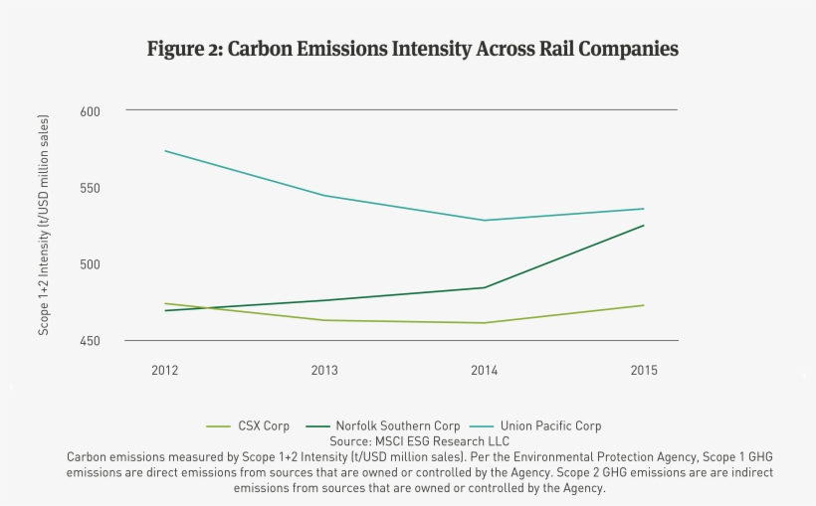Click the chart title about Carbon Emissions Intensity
click(412, 49)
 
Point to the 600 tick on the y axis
click(92, 111)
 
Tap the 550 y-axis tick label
click(92, 188)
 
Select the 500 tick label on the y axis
click(92, 264)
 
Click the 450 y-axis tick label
click(92, 341)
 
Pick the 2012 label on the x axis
click(165, 371)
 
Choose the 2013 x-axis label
click(324, 371)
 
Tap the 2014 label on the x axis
click(484, 371)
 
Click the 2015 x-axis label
click(644, 371)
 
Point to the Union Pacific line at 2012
click(165, 151)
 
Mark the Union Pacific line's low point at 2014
click(484, 221)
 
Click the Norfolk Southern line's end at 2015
click(644, 226)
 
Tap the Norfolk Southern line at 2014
click(484, 287)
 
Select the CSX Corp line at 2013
click(324, 320)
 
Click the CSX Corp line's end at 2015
click(644, 305)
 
